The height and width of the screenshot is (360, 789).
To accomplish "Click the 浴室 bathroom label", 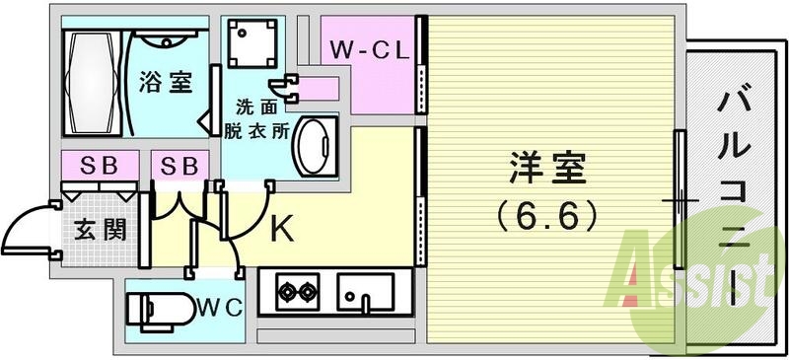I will [x=166, y=81].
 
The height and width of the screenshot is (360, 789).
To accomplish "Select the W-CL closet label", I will [x=370, y=49].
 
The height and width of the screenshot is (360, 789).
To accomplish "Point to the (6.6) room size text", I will [x=547, y=210].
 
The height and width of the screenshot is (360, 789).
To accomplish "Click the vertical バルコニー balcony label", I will [x=734, y=187].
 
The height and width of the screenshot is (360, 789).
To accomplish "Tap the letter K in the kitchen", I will [x=281, y=230].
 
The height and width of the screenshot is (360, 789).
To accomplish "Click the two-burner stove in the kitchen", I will [x=297, y=292].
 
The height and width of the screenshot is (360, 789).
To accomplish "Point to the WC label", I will [x=220, y=307].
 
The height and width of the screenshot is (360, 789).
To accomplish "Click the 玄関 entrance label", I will [x=102, y=231].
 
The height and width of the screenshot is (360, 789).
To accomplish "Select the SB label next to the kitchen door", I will [x=179, y=164].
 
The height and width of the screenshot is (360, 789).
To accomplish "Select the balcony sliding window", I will [x=679, y=198].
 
